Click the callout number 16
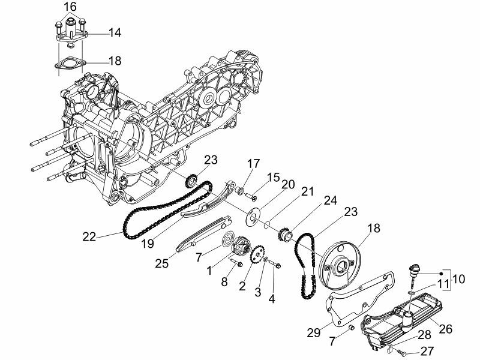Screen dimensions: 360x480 (70, 7)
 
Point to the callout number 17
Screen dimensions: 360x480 (252, 163)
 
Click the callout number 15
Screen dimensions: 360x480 (274, 178)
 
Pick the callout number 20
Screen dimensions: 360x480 (288, 185)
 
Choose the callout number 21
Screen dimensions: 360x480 (308, 192)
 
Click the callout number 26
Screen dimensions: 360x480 (445, 328)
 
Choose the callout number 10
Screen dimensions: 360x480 (458, 279)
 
